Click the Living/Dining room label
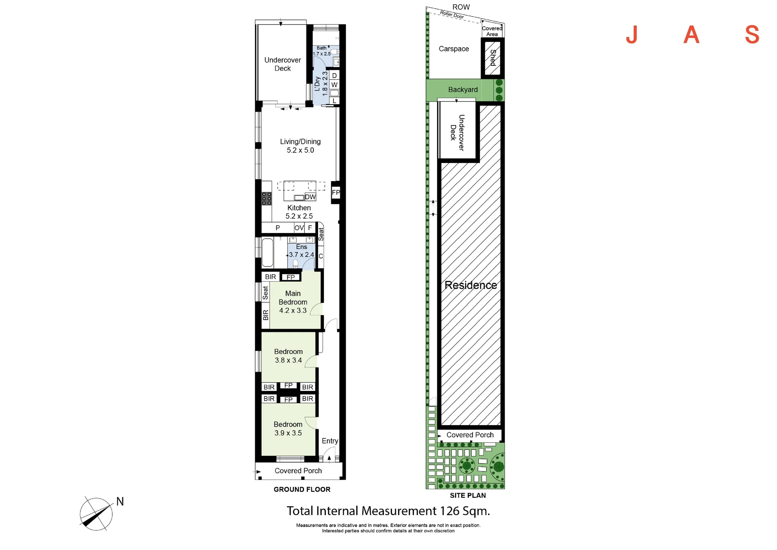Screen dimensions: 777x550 click(300, 146)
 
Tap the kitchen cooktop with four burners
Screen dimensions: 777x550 click(267, 198)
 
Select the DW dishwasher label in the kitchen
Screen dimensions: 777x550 click(310, 197)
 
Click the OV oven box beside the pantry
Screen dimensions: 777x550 click(299, 228)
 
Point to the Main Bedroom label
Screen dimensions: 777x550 click(293, 302)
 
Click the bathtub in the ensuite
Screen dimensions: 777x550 click(268, 253)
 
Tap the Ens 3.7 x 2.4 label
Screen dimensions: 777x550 click(301, 251)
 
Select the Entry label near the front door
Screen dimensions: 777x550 click(330, 441)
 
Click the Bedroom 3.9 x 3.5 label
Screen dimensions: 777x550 click(288, 429)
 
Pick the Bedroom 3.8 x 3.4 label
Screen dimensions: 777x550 click(288, 356)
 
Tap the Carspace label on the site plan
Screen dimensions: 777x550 click(454, 49)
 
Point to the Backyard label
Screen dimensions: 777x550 click(463, 89)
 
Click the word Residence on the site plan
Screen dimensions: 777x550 click(471, 285)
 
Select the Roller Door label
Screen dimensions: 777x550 click(452, 15)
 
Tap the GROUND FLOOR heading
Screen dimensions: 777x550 click(302, 489)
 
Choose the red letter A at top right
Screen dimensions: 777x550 click(692, 35)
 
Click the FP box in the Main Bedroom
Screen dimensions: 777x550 click(291, 277)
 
